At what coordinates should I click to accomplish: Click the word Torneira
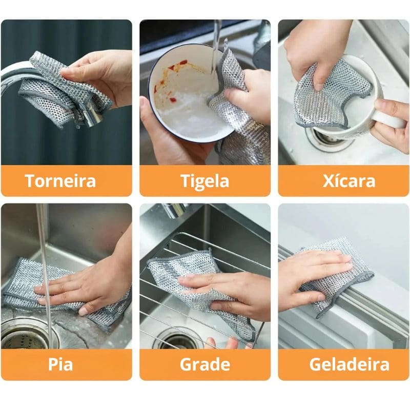[60, 181]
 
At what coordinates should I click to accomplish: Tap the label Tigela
[205, 181]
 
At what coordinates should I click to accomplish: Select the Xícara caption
[349, 181]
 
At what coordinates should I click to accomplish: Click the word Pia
[60, 364]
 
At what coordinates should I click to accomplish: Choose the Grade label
[205, 364]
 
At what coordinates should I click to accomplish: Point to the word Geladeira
[349, 364]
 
